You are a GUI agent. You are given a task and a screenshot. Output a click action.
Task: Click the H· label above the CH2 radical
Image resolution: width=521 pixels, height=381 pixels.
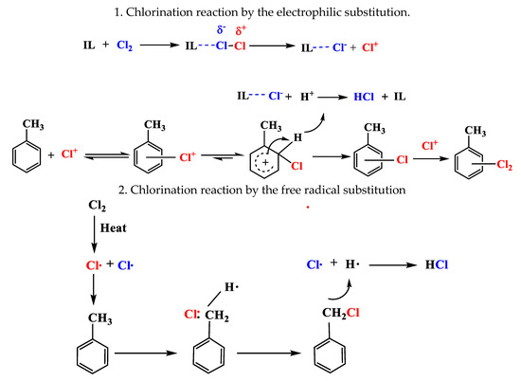point(227,288)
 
